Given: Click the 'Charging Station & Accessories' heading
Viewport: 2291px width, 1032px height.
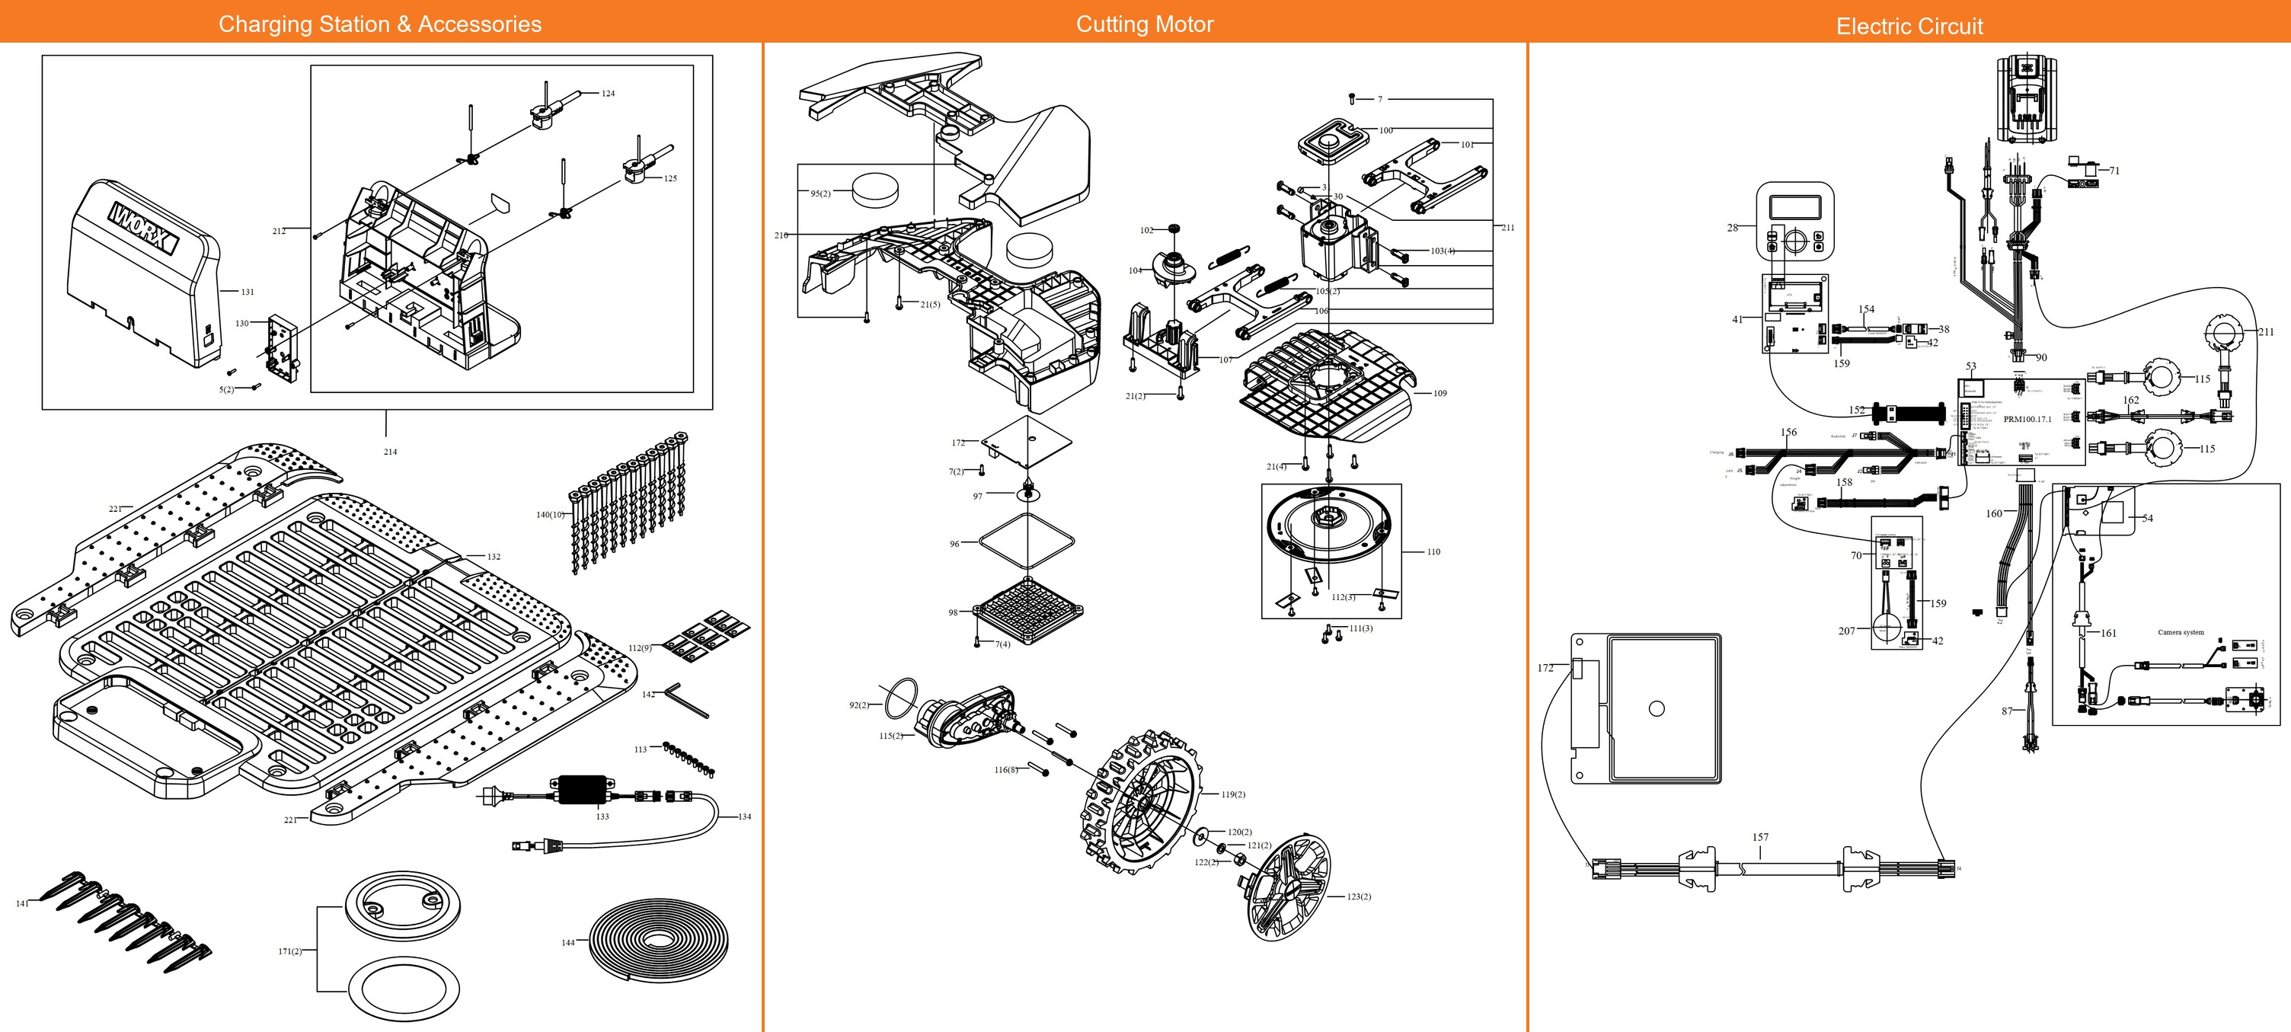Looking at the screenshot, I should tap(380, 24).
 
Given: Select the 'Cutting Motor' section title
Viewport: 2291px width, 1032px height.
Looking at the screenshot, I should tap(1145, 24).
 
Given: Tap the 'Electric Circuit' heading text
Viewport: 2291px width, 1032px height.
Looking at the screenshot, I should tap(1909, 26).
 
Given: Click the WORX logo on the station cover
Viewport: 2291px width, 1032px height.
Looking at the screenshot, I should tap(143, 228).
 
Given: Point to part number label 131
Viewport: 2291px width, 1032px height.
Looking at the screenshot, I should tap(248, 292).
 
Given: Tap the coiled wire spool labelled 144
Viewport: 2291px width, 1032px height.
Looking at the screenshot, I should tap(659, 938).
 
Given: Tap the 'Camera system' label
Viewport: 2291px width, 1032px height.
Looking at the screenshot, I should tap(2181, 633).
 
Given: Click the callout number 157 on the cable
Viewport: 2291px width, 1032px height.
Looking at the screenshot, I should tap(1760, 837).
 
